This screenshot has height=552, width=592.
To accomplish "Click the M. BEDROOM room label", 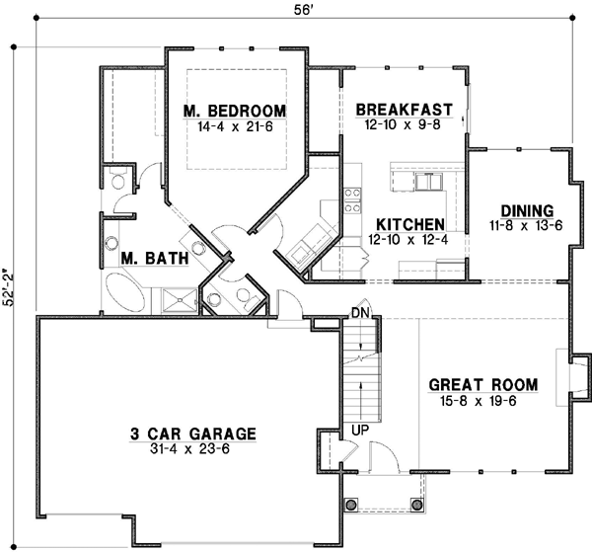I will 235,110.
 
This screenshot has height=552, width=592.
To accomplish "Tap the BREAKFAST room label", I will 405,109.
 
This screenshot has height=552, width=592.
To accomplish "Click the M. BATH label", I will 149,259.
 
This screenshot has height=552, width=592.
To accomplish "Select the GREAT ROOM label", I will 483,384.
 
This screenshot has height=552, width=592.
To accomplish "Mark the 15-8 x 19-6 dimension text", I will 483,401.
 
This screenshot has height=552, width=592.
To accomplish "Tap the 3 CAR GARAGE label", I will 193,433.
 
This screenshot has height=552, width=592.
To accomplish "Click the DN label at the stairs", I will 359,314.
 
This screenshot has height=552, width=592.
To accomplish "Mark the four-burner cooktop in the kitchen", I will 351,199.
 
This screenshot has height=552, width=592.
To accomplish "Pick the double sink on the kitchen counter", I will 428,181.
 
